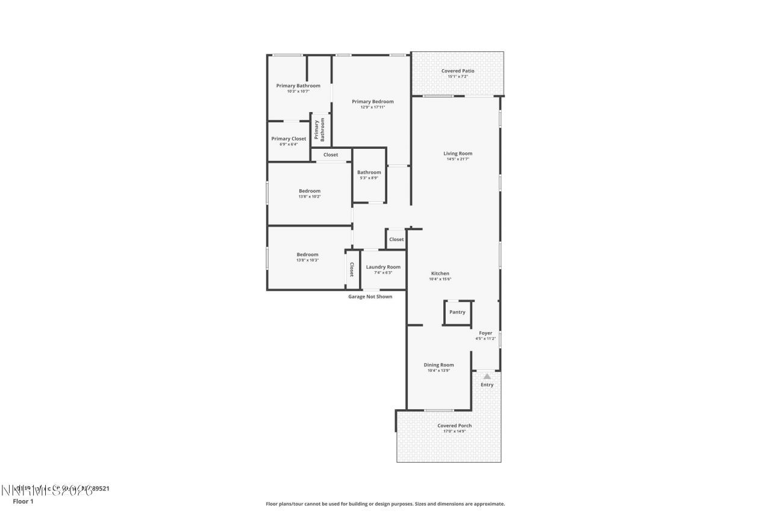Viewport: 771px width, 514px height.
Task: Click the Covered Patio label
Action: click(x=458, y=71)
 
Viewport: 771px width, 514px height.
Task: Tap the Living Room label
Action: click(x=458, y=154)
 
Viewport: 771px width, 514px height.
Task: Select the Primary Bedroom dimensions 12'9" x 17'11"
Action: click(x=373, y=107)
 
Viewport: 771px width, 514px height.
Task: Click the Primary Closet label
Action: click(x=289, y=139)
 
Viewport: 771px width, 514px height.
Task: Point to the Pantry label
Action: click(x=457, y=312)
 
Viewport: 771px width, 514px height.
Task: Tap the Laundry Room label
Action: click(x=383, y=267)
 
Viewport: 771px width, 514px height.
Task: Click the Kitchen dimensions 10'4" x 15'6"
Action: click(x=440, y=279)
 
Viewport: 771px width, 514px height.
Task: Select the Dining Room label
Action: click(x=439, y=365)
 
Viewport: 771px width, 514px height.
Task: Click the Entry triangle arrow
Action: click(x=487, y=376)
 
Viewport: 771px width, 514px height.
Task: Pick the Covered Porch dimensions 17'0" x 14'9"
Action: click(x=455, y=431)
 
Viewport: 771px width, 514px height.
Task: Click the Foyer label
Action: click(x=485, y=333)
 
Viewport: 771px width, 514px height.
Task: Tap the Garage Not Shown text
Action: click(x=370, y=296)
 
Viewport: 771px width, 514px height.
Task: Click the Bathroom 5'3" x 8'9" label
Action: click(x=369, y=172)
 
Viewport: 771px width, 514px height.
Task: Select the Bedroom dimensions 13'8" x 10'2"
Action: click(x=310, y=196)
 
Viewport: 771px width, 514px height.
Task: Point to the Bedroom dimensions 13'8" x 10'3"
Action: click(x=307, y=260)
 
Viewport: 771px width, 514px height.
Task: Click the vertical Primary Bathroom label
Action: click(x=320, y=129)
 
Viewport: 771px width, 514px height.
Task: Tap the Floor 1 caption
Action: click(x=23, y=501)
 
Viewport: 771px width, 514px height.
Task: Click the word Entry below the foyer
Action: click(x=487, y=385)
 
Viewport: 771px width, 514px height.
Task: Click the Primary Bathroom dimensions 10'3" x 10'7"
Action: click(x=298, y=91)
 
